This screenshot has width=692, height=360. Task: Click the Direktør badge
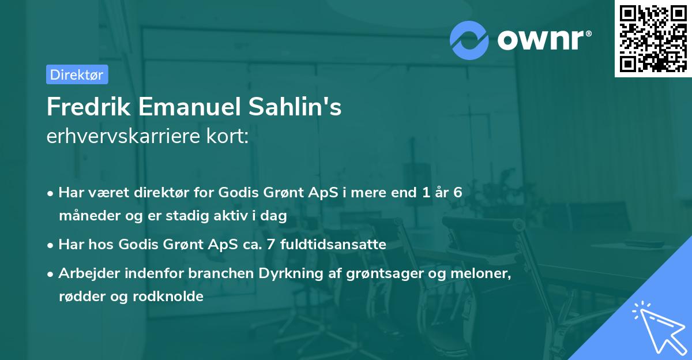pyautogui.click(x=77, y=74)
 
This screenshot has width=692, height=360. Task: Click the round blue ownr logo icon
pyautogui.click(x=469, y=40)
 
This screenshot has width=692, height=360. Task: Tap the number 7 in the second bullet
pyautogui.click(x=278, y=245)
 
